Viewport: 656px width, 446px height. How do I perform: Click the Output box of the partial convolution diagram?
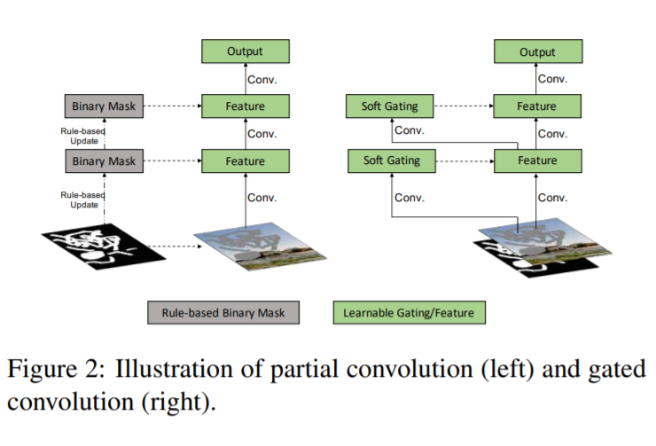click(x=246, y=51)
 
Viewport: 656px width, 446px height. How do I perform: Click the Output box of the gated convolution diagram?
click(x=537, y=51)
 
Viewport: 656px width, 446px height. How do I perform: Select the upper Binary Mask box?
click(x=105, y=107)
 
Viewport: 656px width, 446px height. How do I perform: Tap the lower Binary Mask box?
click(x=105, y=161)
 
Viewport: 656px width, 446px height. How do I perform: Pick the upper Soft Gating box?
click(x=390, y=107)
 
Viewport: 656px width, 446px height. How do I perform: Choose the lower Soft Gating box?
click(x=390, y=161)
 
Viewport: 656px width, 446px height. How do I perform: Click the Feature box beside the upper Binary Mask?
click(x=246, y=107)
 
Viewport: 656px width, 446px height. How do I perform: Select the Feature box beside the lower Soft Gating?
click(x=537, y=161)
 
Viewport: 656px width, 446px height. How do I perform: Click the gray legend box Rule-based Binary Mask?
click(x=223, y=312)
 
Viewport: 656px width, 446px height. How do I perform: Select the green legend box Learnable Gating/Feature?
click(x=409, y=312)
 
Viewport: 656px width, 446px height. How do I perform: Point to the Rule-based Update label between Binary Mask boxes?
click(x=82, y=136)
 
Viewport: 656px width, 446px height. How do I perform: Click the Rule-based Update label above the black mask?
click(x=82, y=200)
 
